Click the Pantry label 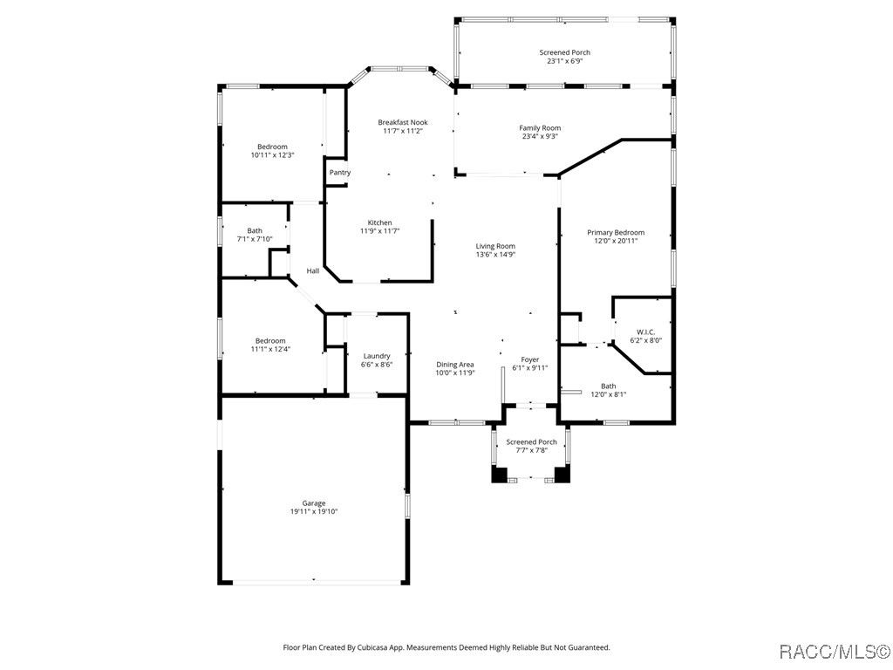coord(340,173)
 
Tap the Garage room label coord(314,503)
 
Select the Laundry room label coord(377,356)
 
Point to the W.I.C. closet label coord(646,332)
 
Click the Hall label coord(313,271)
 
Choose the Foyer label coord(530,359)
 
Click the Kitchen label coord(380,222)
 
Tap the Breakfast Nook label coord(403,122)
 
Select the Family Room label coord(540,128)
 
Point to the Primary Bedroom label coord(616,232)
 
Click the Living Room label coord(495,246)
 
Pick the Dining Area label coord(455,365)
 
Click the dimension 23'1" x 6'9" coord(565,61)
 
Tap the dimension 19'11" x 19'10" coord(314,511)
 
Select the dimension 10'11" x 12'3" coord(272,155)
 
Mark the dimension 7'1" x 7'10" coord(255,239)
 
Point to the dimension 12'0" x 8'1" coord(608,394)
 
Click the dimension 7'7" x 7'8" coord(531,450)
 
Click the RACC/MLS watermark coord(835,651)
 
